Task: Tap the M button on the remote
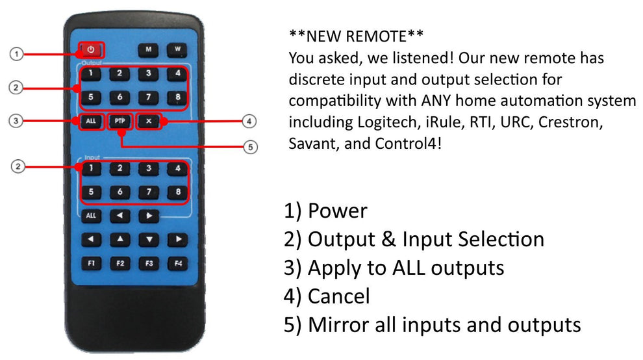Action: pyautogui.click(x=148, y=50)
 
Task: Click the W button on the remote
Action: pyautogui.click(x=177, y=50)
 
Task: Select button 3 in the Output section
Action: pyautogui.click(x=149, y=74)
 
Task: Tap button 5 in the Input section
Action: pyautogui.click(x=91, y=192)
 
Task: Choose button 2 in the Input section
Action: pyautogui.click(x=120, y=168)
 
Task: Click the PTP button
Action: pyautogui.click(x=120, y=121)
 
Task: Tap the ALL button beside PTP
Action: pyautogui.click(x=91, y=121)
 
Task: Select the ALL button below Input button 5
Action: pyautogui.click(x=91, y=216)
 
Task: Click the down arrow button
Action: pyautogui.click(x=149, y=240)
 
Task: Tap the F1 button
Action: pyautogui.click(x=91, y=264)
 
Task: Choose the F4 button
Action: pyautogui.click(x=177, y=264)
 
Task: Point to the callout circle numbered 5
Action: pyautogui.click(x=250, y=147)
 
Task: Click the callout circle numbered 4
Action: pyautogui.click(x=249, y=121)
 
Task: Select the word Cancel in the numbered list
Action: pyautogui.click(x=339, y=296)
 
